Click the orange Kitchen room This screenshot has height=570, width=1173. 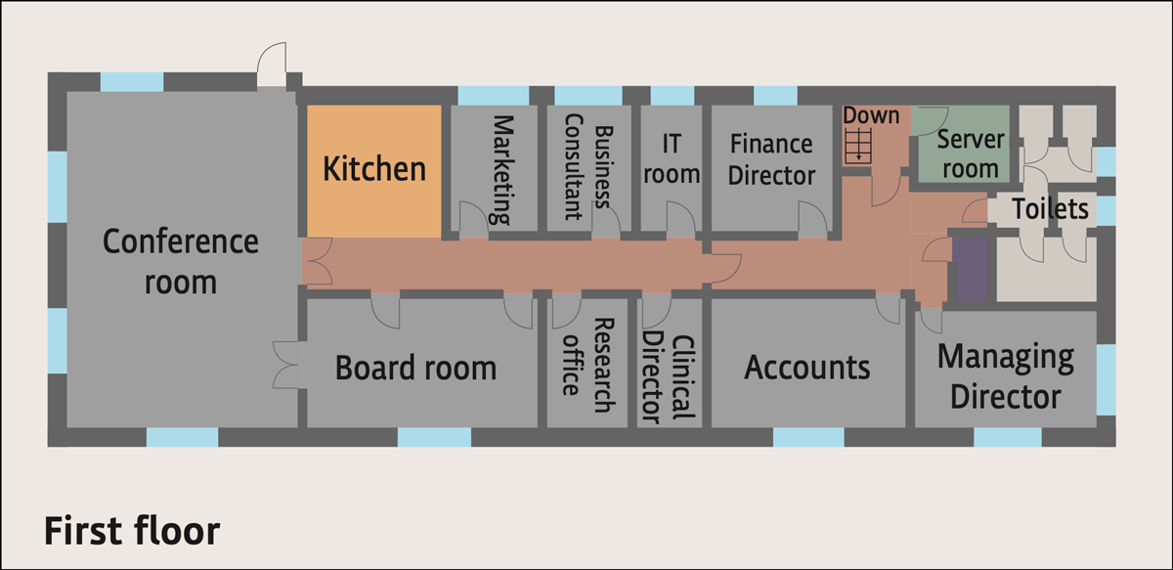coord(374,169)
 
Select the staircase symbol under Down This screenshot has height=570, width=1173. coord(859,148)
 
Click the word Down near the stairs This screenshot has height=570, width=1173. coord(871,115)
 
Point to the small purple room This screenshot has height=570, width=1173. coord(970,271)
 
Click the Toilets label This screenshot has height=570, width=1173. coord(1050,208)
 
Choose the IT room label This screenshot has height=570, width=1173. coord(672,158)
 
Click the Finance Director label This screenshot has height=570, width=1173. coord(771,159)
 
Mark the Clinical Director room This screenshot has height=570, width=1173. coord(670,372)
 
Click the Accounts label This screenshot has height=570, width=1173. coord(807,368)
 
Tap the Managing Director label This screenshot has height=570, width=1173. coord(1005,376)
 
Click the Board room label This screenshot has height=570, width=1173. coord(415,369)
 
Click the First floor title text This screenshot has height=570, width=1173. coord(132,531)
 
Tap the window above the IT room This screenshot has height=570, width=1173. coord(672,95)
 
